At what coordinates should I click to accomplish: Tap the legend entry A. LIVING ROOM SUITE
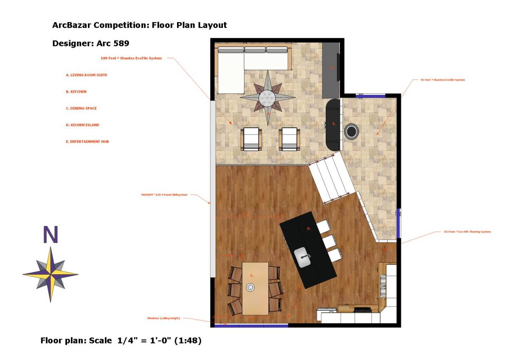point(87,75)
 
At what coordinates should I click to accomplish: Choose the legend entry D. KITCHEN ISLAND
point(82,125)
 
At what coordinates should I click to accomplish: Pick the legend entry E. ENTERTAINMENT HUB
point(87,141)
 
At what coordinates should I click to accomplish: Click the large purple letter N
point(50,235)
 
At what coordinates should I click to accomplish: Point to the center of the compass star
point(51,274)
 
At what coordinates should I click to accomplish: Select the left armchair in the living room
point(251,139)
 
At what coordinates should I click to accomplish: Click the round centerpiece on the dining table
point(250,288)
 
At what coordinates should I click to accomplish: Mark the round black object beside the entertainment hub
point(351,131)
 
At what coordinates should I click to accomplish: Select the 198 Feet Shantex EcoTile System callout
point(131,58)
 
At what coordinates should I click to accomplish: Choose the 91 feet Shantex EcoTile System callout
point(439,80)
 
